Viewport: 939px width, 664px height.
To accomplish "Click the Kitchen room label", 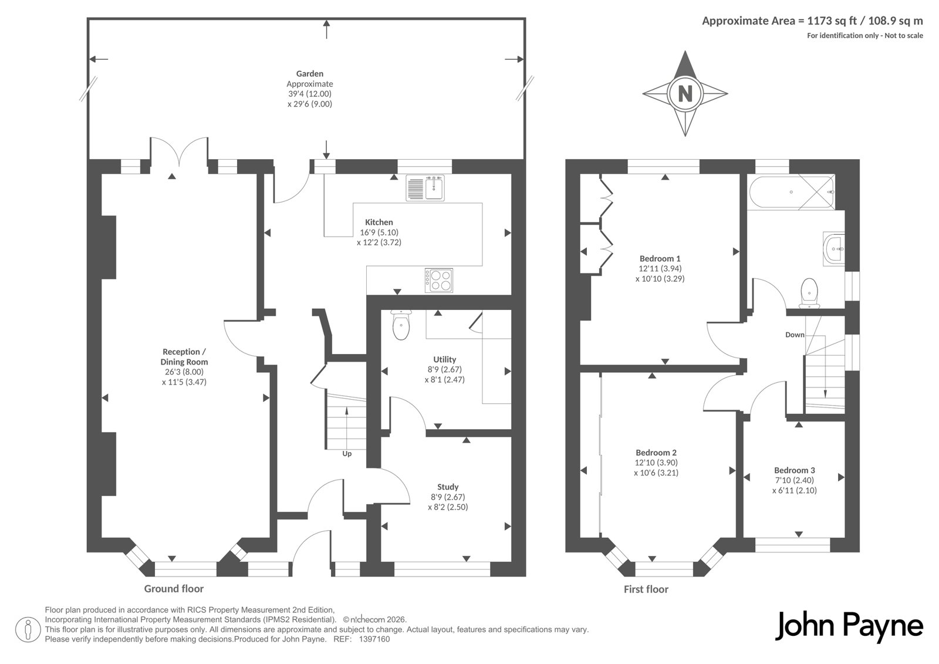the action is (379, 223).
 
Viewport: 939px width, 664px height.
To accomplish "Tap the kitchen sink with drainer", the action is (425, 188).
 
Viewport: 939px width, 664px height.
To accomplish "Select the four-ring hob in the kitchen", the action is (439, 280).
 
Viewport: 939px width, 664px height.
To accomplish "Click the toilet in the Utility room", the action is (401, 325).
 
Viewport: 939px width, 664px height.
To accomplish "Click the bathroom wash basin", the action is (834, 249).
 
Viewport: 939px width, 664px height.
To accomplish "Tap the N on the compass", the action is (685, 93).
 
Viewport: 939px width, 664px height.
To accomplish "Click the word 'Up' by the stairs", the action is (347, 454).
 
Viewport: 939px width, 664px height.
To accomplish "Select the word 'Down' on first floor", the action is (795, 335).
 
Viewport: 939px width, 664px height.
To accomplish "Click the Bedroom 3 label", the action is (795, 470).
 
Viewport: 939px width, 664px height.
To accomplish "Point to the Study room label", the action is (448, 487).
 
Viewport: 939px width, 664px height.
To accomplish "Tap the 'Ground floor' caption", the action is (174, 589).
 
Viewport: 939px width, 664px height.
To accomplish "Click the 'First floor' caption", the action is (646, 589).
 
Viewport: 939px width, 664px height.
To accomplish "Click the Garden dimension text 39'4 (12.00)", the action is (310, 94).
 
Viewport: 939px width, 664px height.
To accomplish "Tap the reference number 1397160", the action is (374, 639).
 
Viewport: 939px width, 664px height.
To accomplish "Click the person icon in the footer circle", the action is (28, 629).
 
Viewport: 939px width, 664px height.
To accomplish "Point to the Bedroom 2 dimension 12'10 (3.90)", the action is (656, 463).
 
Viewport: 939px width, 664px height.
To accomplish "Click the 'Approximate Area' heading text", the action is (749, 21).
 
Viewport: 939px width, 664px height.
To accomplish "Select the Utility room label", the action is (444, 359).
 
